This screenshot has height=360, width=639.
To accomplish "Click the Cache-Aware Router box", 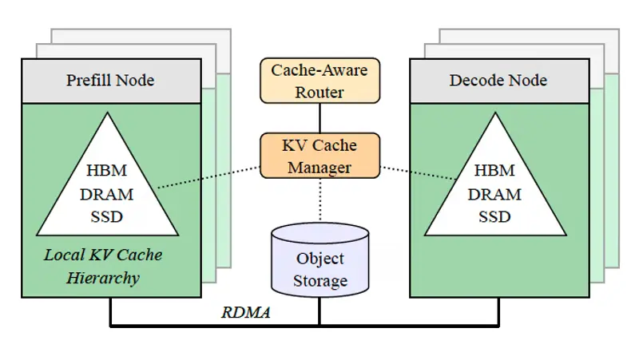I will coord(319,80).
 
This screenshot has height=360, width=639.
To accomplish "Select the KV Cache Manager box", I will coord(319,156).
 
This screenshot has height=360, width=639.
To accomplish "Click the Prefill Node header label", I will coord(109,80).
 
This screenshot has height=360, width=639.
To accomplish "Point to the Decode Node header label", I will coord(498,80).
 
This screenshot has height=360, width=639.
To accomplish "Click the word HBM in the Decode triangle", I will coord(494,171).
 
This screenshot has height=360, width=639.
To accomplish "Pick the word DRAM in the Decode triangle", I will coord(494,194).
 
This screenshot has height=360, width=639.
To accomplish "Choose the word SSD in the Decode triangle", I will coord(494,216).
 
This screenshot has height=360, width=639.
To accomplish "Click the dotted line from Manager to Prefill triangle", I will coord(208,177).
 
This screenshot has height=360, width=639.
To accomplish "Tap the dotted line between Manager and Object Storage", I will coord(319,200).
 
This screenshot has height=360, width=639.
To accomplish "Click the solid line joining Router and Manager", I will coord(319,118).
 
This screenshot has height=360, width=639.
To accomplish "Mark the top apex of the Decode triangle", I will coord(495,113).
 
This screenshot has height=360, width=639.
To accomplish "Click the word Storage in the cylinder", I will coord(319,281).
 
